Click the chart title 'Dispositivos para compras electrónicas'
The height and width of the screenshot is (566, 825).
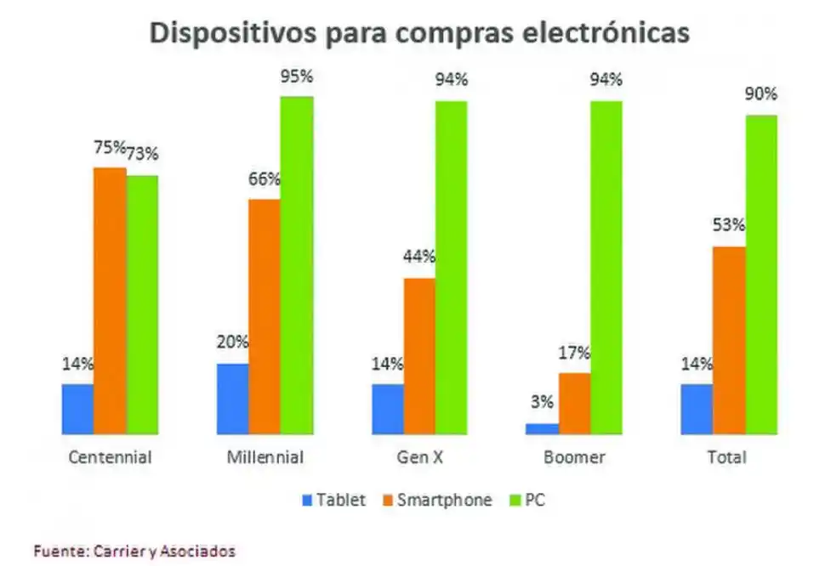pos(419,33)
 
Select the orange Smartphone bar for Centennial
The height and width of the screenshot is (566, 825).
pos(110,301)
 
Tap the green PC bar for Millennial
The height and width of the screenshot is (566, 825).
pos(298,265)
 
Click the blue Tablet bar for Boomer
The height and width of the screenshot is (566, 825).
pos(542,429)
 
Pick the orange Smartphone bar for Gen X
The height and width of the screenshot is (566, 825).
pos(419,356)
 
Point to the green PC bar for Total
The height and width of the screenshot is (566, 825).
pos(761,275)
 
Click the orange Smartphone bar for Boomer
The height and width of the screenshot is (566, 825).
pos(575,404)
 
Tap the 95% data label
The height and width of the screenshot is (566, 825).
pos(297,76)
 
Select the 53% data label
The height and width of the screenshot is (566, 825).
pos(728,226)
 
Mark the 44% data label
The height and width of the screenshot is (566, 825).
pos(418,257)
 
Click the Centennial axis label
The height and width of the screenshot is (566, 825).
pos(109,457)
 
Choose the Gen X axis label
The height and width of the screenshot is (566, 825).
pos(419,457)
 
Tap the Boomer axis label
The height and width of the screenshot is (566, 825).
pos(574,457)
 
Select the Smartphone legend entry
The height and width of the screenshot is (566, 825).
pos(440,500)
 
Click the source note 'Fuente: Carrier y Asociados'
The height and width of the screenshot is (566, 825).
pos(134,551)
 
